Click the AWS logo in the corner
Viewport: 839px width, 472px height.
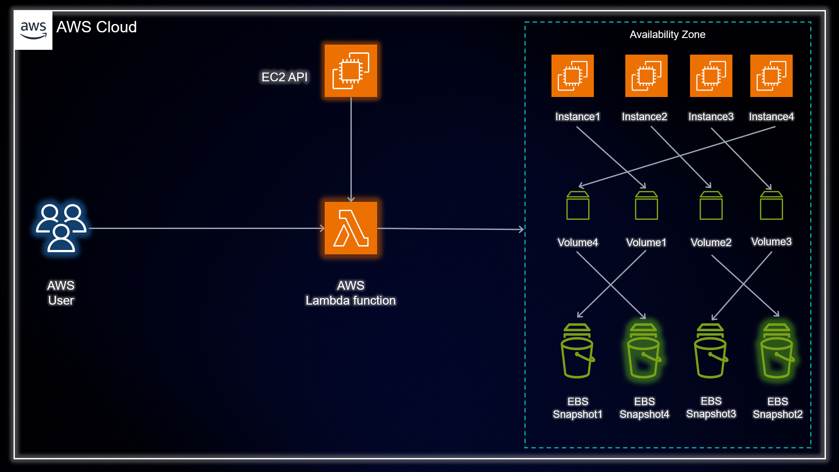pyautogui.click(x=33, y=30)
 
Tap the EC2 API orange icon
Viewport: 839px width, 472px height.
pyautogui.click(x=351, y=70)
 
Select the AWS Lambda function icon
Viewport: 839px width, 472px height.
pyautogui.click(x=351, y=228)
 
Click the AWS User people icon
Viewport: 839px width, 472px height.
pyautogui.click(x=61, y=228)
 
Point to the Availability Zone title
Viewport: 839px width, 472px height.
pyautogui.click(x=667, y=35)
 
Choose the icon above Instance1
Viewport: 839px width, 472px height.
pyautogui.click(x=572, y=76)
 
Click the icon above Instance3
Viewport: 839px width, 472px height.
pyautogui.click(x=711, y=76)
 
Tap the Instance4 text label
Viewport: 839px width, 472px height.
pyautogui.click(x=771, y=117)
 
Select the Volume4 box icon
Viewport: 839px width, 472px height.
pyautogui.click(x=578, y=205)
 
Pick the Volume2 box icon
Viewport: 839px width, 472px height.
pyautogui.click(x=711, y=205)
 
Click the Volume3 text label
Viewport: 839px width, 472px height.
pyautogui.click(x=771, y=242)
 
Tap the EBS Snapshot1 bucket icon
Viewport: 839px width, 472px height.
pyautogui.click(x=578, y=351)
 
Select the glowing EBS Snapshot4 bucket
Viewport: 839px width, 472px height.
pyautogui.click(x=644, y=351)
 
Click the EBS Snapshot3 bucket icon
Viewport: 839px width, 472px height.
pyautogui.click(x=711, y=351)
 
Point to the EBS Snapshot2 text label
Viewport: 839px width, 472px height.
pyautogui.click(x=778, y=408)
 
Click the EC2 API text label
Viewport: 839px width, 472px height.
pyautogui.click(x=284, y=77)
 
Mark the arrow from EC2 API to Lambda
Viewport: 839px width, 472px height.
pyautogui.click(x=351, y=149)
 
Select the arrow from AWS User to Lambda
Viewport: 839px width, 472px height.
pyautogui.click(x=207, y=228)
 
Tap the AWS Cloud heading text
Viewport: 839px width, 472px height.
pyautogui.click(x=97, y=27)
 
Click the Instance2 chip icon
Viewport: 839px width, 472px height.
pyautogui.click(x=646, y=76)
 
